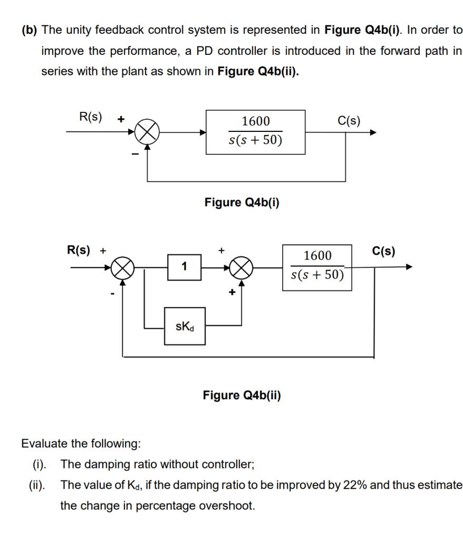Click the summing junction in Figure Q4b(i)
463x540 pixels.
[147, 132]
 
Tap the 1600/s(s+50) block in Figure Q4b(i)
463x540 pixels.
[255, 132]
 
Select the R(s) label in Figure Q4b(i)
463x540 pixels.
[91, 117]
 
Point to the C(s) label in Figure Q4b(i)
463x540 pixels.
[349, 121]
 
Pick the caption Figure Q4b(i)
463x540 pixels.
[242, 202]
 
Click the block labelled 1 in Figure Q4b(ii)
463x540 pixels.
[185, 267]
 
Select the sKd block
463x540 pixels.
[185, 326]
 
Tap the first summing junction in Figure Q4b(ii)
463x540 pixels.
[122, 268]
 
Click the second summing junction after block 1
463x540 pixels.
[241, 267]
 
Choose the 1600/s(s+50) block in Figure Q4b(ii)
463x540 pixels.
[317, 267]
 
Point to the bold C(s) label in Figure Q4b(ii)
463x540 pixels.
[383, 251]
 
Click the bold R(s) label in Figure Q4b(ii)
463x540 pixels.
[79, 250]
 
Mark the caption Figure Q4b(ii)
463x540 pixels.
[242, 395]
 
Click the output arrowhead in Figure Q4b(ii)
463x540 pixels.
[409, 266]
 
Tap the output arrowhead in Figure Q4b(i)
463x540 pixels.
[373, 132]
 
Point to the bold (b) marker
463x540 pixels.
[30, 30]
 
